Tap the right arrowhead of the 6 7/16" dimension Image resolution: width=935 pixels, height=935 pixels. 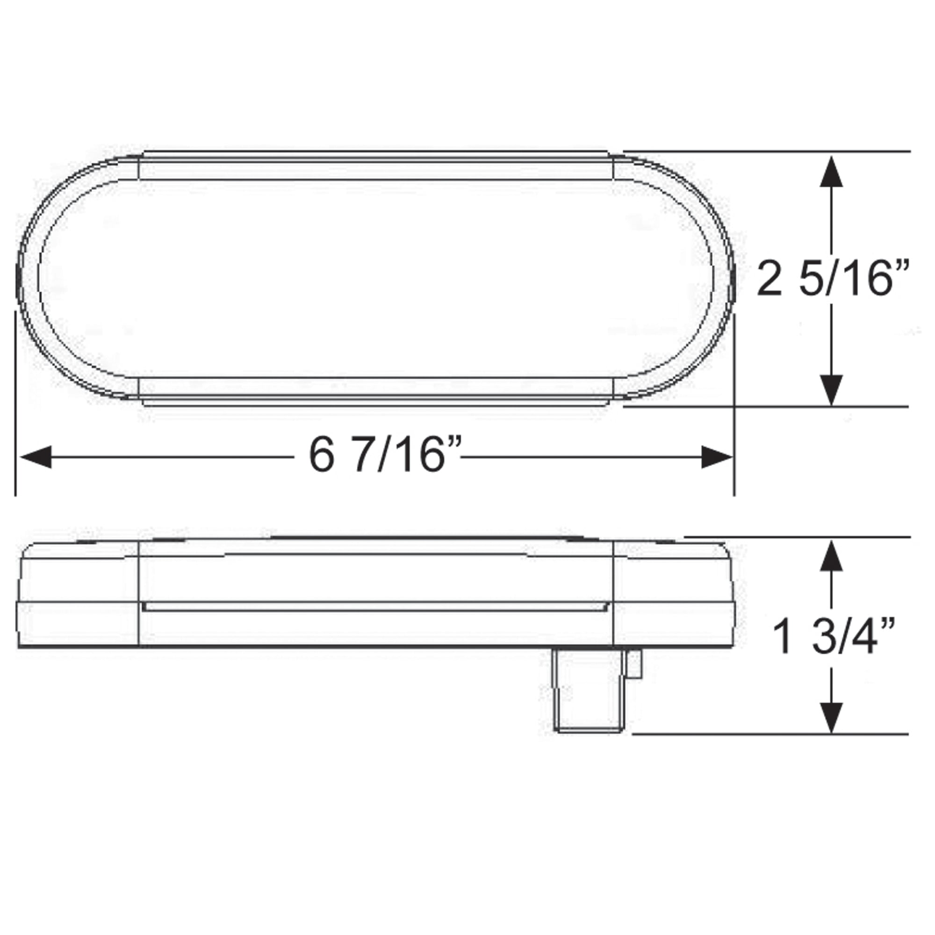716,457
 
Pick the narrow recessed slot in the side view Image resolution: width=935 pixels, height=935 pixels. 375,606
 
